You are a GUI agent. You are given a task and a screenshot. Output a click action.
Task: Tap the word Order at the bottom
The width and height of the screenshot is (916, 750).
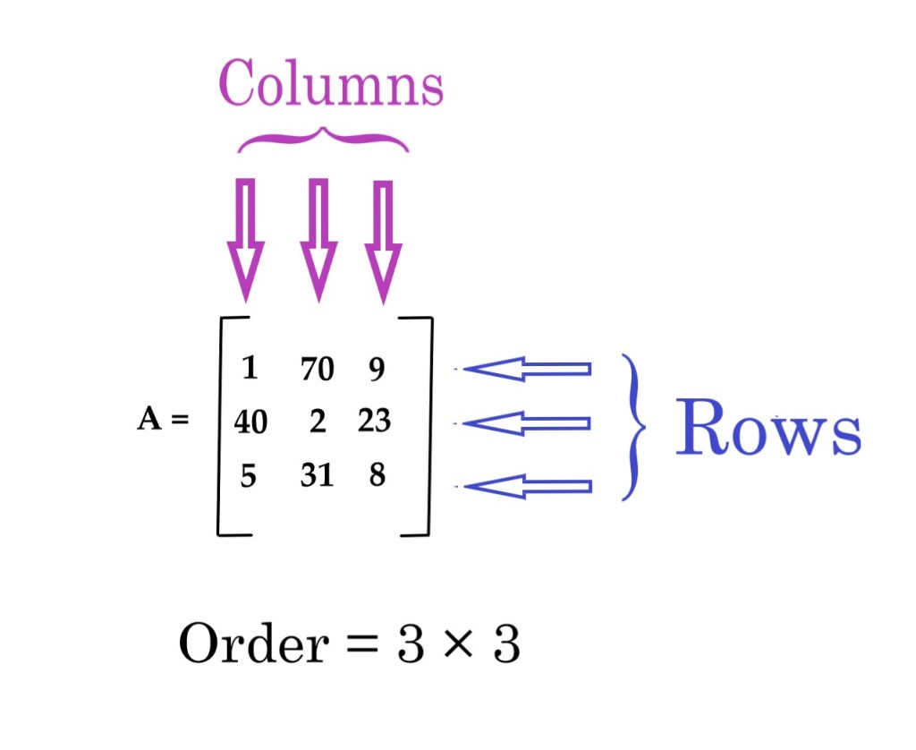[253, 644]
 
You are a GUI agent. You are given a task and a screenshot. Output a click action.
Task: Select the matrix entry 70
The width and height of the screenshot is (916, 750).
[317, 368]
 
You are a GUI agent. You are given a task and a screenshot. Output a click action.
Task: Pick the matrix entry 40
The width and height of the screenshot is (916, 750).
[250, 421]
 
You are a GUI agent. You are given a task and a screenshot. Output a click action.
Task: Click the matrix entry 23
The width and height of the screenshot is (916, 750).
[374, 420]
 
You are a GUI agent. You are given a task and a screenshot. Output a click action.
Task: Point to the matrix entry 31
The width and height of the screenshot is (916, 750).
[317, 475]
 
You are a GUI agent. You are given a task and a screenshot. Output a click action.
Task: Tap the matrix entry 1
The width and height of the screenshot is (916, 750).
[250, 368]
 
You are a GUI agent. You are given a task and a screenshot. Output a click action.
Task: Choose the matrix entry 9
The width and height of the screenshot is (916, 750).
[377, 368]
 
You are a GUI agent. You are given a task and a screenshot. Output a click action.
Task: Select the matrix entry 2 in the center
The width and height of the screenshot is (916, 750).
[318, 421]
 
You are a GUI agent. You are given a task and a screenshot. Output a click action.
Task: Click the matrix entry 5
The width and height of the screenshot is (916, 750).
[249, 475]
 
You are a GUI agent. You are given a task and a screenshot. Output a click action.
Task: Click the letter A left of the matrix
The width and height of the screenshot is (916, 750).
[148, 421]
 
